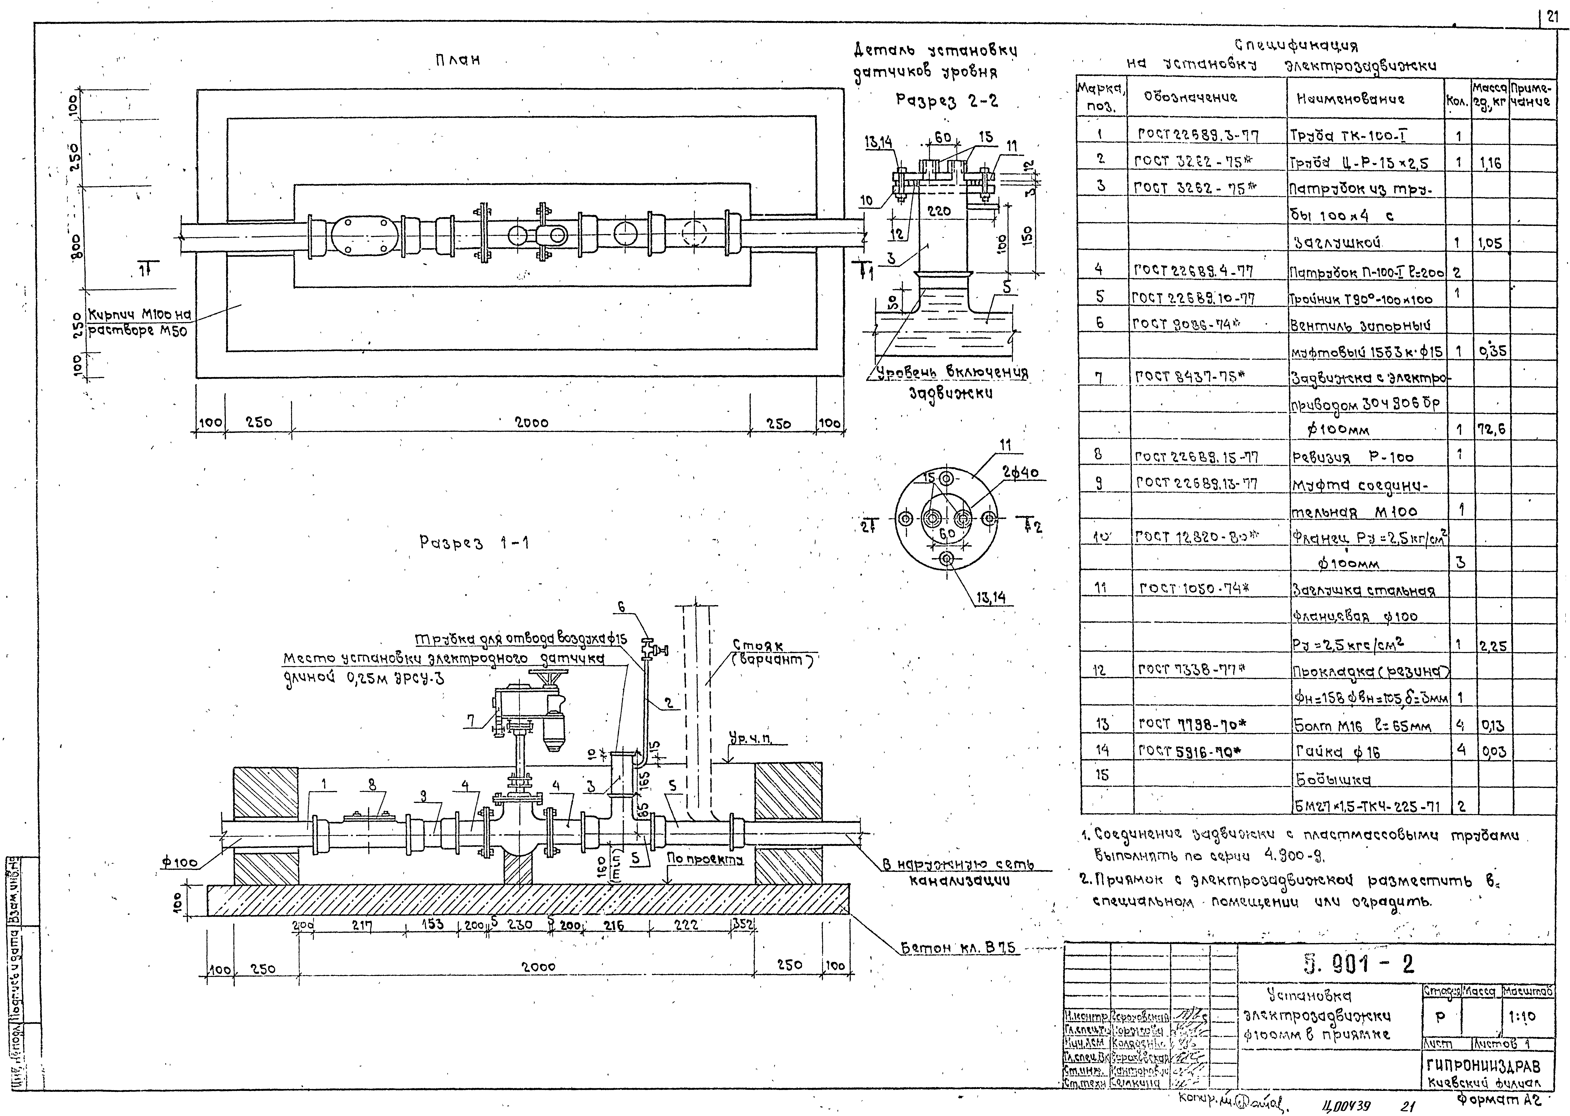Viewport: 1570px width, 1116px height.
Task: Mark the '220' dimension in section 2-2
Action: click(x=939, y=212)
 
